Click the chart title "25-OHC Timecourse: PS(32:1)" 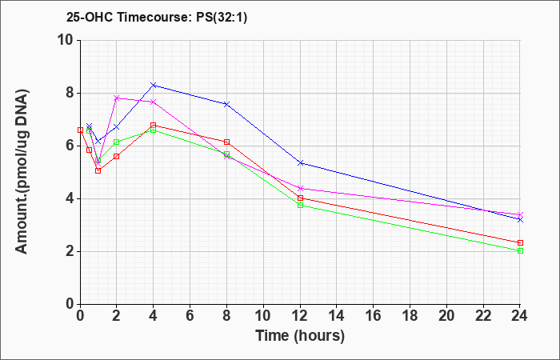tap(157, 18)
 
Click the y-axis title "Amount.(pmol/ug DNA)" tap(22, 171)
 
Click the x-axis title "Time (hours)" tap(300, 336)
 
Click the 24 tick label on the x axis tap(520, 316)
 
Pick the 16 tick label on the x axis tap(374, 316)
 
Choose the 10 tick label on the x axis tap(263, 316)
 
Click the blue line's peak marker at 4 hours tap(154, 85)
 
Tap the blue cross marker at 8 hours tap(226, 104)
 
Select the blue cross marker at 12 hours tap(300, 163)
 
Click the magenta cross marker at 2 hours tap(117, 98)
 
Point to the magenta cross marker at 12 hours tap(300, 188)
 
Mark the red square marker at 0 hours tap(80, 130)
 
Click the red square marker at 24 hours tap(520, 242)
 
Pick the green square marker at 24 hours tap(520, 250)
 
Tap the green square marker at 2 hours tap(117, 142)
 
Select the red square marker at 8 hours tap(226, 142)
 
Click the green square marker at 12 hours tap(300, 205)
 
